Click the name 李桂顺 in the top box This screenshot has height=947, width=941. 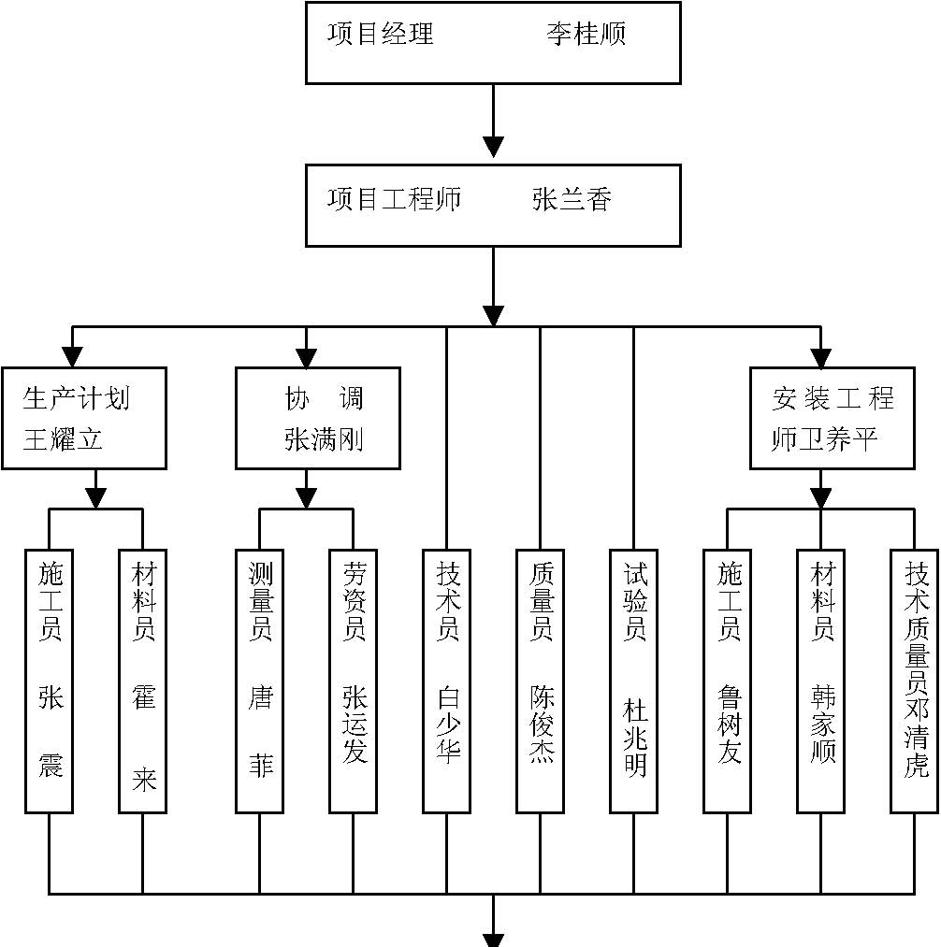tap(586, 35)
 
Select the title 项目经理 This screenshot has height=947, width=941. tap(381, 35)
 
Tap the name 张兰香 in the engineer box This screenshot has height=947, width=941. tap(572, 200)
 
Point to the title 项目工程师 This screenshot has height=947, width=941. tap(395, 200)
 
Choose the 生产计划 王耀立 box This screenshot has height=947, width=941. tap(84, 418)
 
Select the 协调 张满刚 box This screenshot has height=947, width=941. tap(318, 418)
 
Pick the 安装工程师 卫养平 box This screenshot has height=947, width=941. tap(832, 418)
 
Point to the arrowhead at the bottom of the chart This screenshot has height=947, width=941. tap(493, 937)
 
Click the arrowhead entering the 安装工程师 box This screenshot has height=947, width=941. tap(821, 357)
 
